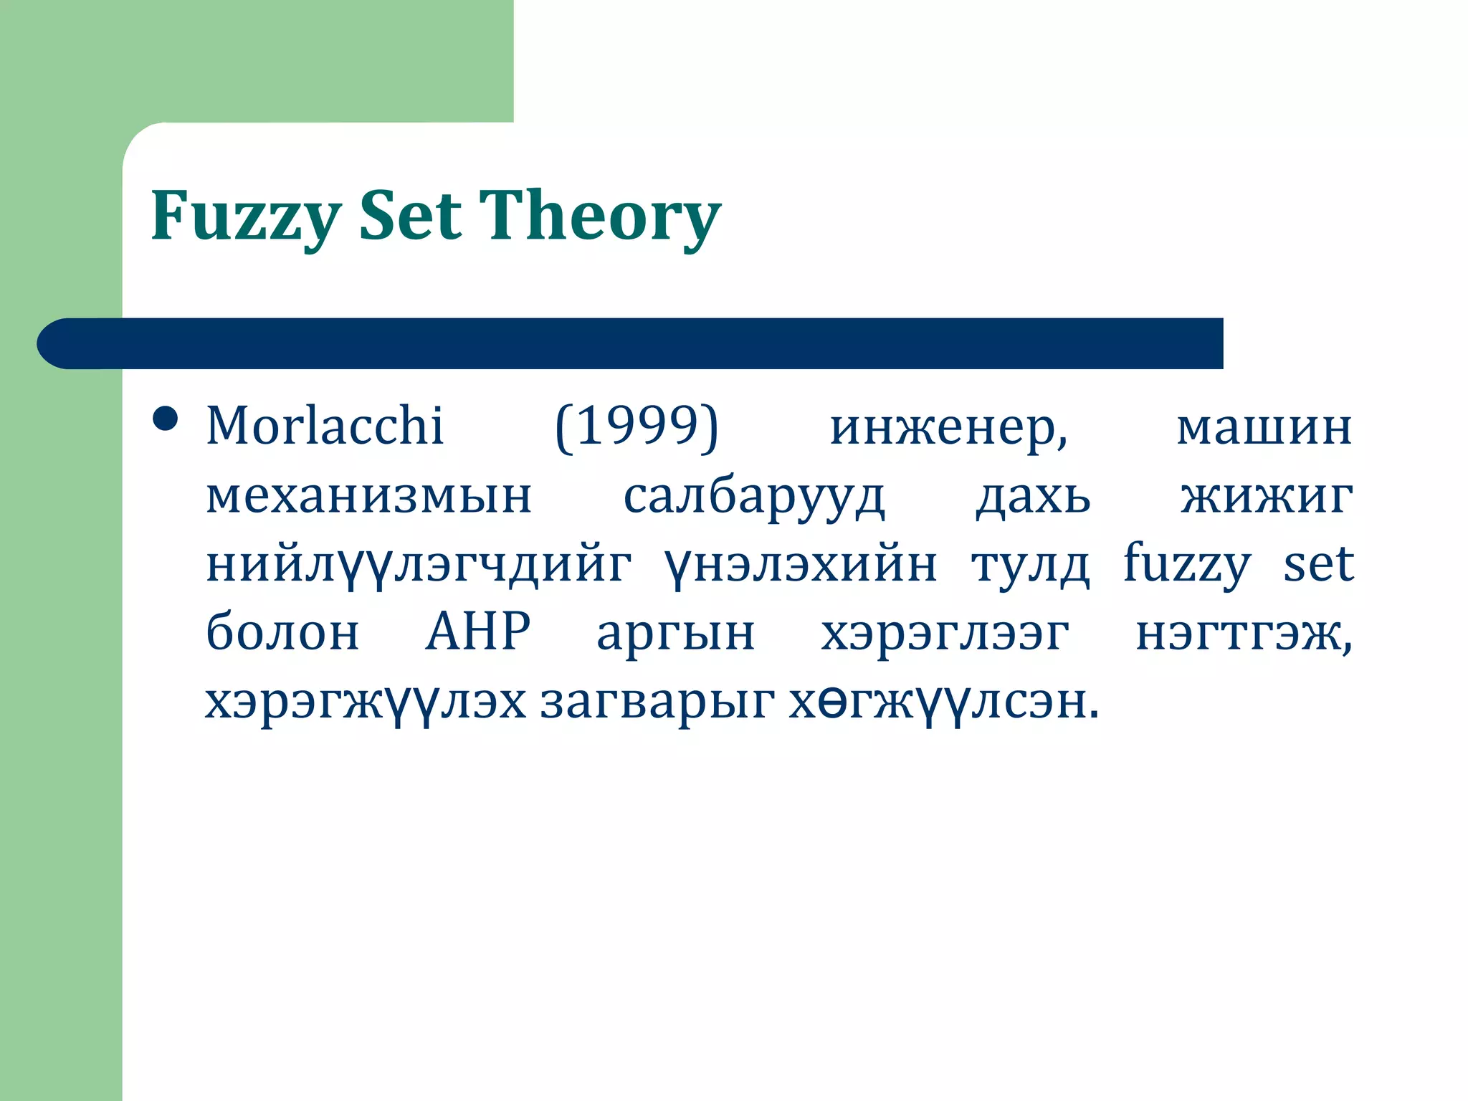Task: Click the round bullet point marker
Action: pyautogui.click(x=166, y=419)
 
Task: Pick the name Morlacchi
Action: pyautogui.click(x=325, y=426)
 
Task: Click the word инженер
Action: pyautogui.click(x=948, y=427)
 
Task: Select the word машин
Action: pyautogui.click(x=1264, y=427)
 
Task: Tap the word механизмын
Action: pyautogui.click(x=368, y=496)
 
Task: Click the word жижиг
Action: pyautogui.click(x=1267, y=496)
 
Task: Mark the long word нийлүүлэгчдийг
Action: pyautogui.click(x=418, y=565)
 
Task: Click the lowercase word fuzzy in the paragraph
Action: pyautogui.click(x=1186, y=565)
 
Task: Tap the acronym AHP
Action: pyautogui.click(x=477, y=632)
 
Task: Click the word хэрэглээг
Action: pyautogui.click(x=945, y=634)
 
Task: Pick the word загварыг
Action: pyautogui.click(x=657, y=702)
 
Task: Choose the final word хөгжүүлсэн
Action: pyautogui.click(x=943, y=702)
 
